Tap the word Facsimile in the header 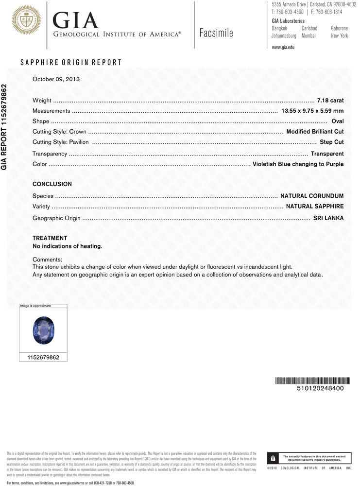(x=216, y=33)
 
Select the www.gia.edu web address (x=283, y=47)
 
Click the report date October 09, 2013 (x=56, y=79)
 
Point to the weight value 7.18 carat (x=330, y=101)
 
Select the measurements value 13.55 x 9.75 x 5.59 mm (x=312, y=111)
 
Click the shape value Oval (x=337, y=121)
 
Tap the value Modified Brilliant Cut (x=315, y=132)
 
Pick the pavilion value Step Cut (x=331, y=142)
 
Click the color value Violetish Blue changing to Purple (x=298, y=164)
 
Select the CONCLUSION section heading (x=52, y=184)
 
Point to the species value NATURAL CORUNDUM (x=312, y=196)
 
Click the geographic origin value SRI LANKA (x=328, y=218)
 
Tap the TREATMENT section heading (x=50, y=238)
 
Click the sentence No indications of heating (x=67, y=246)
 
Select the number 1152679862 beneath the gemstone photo (x=43, y=357)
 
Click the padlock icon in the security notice (x=274, y=458)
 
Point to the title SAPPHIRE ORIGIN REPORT (x=71, y=63)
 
